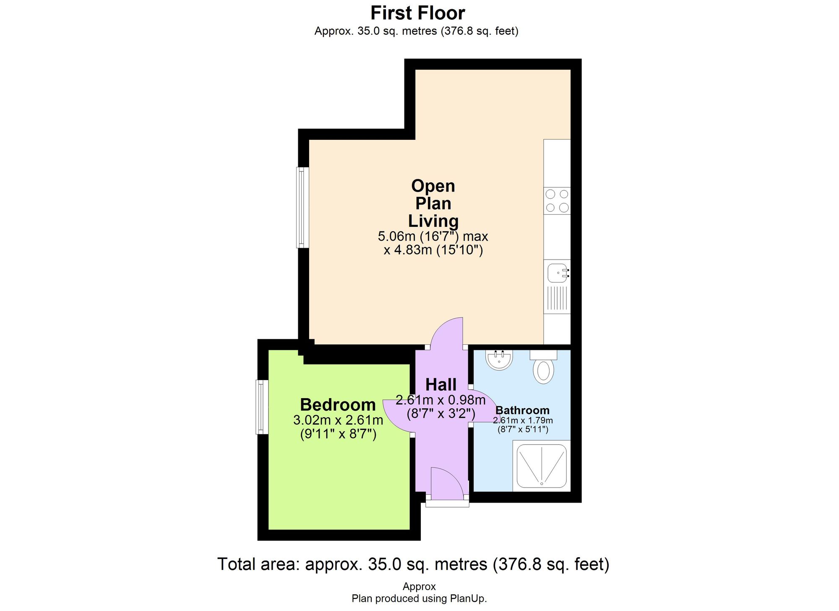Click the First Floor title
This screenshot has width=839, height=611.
417,13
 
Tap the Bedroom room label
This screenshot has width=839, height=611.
338,405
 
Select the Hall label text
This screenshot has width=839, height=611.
441,385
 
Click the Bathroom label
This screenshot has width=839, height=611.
522,410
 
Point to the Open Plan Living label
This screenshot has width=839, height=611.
433,203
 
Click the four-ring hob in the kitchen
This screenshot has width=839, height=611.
557,201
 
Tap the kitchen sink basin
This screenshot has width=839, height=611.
557,273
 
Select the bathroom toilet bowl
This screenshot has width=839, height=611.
543,371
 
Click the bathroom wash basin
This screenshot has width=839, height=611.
499,360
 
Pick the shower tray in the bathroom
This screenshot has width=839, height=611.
542,466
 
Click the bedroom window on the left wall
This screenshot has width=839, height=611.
262,407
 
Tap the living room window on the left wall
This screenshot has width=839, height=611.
302,207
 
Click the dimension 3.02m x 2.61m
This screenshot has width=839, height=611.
338,420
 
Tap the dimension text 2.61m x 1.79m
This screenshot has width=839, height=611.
523,420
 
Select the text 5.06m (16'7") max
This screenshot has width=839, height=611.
433,236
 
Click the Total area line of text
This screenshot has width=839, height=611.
413,564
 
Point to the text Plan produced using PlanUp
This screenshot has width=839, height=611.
419,598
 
